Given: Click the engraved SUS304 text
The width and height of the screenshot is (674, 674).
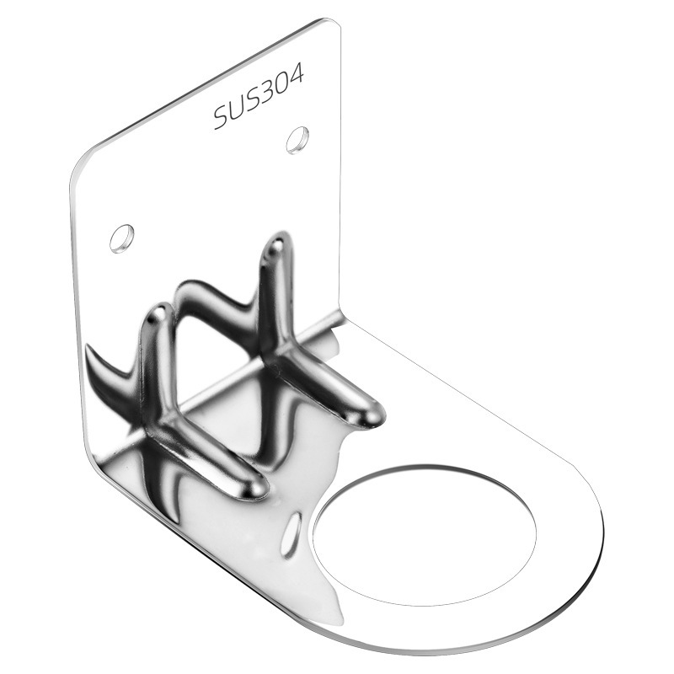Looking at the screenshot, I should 259,99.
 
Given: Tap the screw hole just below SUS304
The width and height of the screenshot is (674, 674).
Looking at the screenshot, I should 297,139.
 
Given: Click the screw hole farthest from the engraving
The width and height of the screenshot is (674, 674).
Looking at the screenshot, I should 122,238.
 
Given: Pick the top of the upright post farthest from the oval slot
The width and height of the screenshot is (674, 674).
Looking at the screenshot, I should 275,246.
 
